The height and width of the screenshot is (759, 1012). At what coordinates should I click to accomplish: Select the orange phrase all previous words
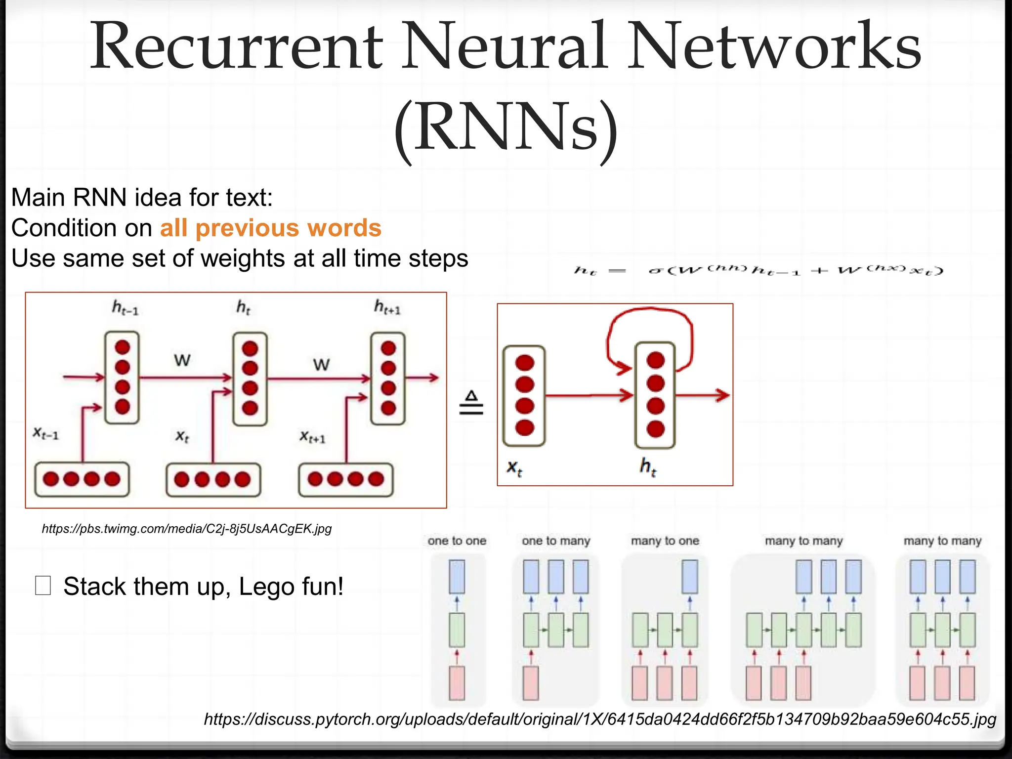click(270, 228)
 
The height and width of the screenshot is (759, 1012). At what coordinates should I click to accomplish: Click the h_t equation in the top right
click(759, 270)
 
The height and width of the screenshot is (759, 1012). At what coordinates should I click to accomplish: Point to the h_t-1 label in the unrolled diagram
click(125, 308)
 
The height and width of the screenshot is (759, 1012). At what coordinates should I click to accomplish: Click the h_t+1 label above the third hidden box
click(387, 307)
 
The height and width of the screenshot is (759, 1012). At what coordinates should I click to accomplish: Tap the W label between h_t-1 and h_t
click(182, 360)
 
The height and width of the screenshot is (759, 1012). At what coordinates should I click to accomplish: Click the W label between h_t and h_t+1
click(321, 365)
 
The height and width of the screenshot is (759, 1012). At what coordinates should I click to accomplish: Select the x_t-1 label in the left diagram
click(45, 434)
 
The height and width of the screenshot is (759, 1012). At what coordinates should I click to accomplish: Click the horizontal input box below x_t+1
click(346, 479)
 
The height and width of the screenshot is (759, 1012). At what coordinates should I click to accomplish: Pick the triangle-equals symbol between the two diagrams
click(471, 403)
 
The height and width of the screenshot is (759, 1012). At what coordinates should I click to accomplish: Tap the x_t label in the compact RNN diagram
click(514, 467)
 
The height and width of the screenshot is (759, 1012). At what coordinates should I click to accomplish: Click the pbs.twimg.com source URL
click(186, 529)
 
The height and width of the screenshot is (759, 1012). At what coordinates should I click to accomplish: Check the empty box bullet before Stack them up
click(43, 586)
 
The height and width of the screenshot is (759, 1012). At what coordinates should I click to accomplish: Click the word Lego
click(267, 587)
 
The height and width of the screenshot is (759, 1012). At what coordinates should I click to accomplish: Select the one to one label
click(457, 541)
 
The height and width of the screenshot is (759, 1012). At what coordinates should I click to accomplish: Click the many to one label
click(665, 541)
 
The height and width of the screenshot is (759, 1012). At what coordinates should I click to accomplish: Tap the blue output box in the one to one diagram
click(457, 577)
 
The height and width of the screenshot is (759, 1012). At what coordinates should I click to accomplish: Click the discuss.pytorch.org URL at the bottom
click(600, 719)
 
